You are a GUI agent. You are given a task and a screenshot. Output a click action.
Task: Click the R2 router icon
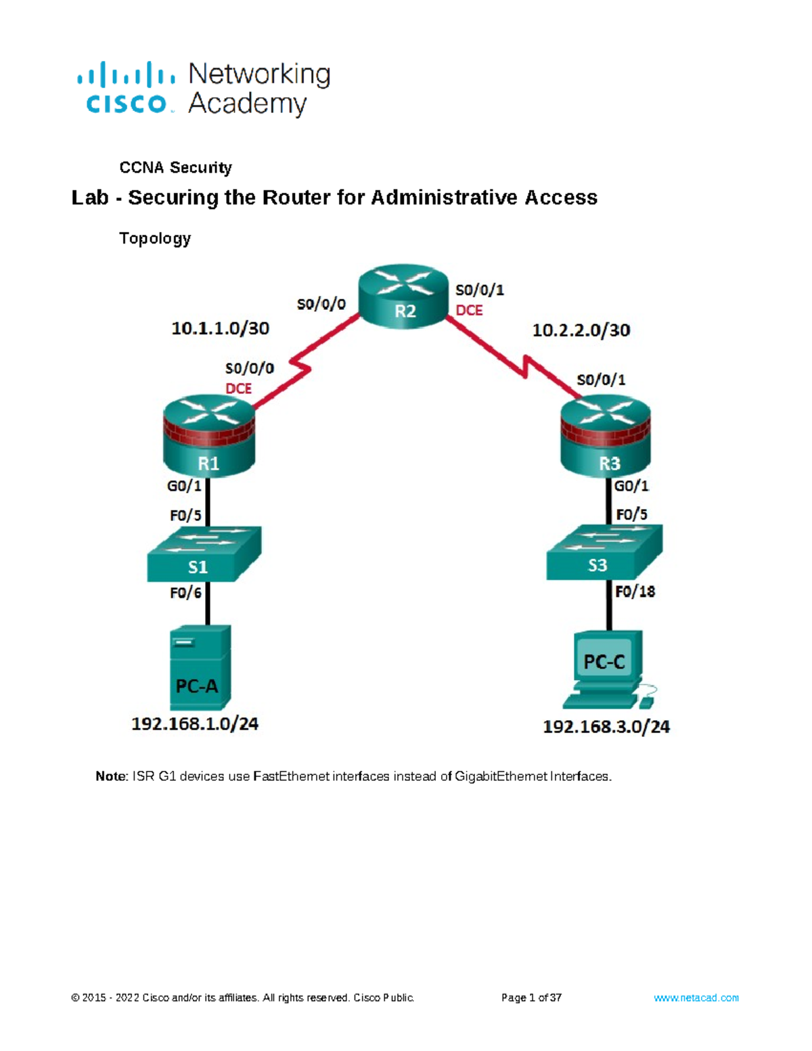coord(404,297)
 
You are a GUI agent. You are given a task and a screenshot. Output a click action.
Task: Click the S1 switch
coord(204,555)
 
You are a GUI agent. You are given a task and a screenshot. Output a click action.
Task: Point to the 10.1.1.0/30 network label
coord(220,329)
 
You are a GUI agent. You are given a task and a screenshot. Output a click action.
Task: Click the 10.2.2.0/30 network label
coord(581,330)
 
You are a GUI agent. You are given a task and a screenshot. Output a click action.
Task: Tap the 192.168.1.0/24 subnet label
coord(195,724)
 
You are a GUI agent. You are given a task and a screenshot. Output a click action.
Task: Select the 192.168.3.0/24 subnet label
coord(606,727)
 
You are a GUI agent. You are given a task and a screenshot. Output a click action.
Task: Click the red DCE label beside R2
coord(469,311)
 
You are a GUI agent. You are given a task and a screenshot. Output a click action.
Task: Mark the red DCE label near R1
coord(238,388)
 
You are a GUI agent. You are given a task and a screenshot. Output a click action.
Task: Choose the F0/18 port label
coord(635,592)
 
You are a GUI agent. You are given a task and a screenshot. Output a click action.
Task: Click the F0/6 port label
coord(185,594)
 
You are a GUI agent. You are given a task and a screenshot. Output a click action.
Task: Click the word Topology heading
coord(155,238)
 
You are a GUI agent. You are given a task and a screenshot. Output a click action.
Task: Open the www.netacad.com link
coord(696,998)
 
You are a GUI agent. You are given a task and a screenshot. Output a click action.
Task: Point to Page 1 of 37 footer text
coord(531,998)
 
